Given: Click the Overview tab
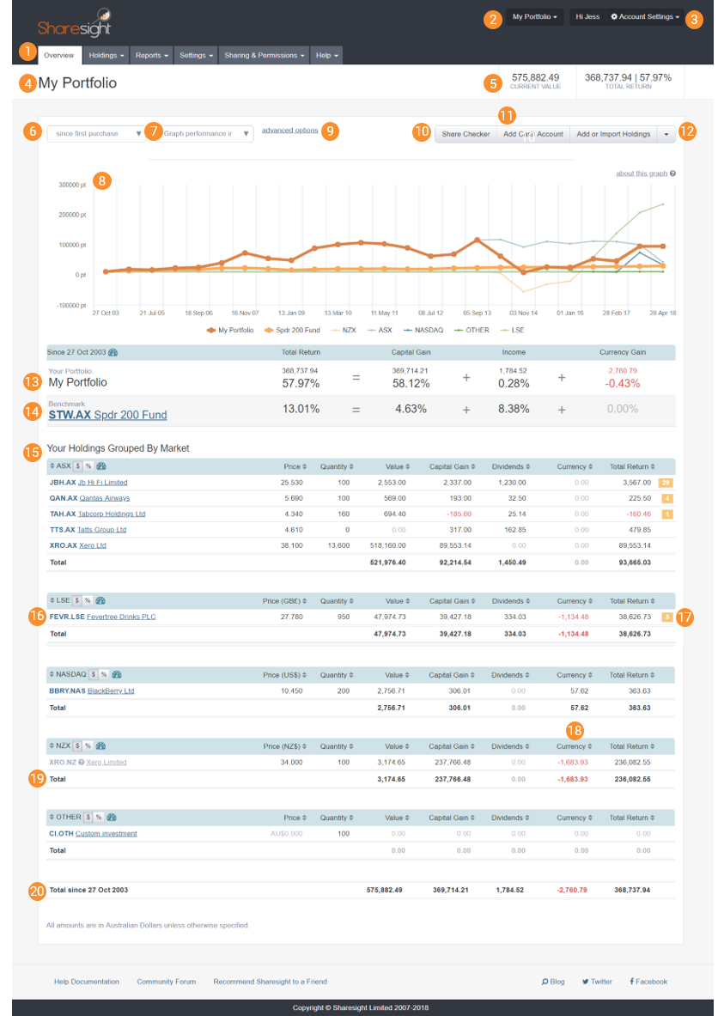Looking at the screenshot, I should click(x=60, y=55).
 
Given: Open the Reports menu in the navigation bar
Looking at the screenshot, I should click(x=152, y=55).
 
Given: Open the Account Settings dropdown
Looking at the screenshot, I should click(x=644, y=16).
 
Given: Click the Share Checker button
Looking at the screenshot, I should click(x=465, y=134).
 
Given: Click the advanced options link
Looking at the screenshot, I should click(x=289, y=131).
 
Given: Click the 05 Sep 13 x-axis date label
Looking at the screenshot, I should click(x=477, y=313).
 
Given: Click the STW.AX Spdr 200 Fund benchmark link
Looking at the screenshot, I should click(x=107, y=415).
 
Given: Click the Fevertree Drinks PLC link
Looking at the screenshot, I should click(x=121, y=617).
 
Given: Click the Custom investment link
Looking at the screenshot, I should click(x=106, y=833).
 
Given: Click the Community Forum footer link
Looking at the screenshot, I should click(x=166, y=982).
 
